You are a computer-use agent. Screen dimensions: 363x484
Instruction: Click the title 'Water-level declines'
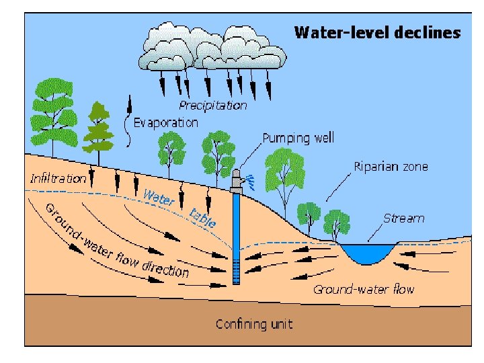point(377,32)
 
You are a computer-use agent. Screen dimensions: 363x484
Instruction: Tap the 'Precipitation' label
point(212,105)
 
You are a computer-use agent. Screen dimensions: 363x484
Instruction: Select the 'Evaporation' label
point(165,122)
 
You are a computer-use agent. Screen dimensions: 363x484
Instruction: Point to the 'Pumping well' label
point(298,138)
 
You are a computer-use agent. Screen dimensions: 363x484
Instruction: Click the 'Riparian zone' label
point(391,166)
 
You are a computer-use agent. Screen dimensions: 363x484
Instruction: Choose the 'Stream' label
point(403,218)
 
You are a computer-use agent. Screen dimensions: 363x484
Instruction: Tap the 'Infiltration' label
point(58,178)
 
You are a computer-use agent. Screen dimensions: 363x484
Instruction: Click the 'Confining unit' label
point(254,324)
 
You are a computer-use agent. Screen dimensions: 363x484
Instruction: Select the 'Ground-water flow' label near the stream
point(364,290)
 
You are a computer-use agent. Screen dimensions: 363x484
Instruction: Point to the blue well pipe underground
point(235,235)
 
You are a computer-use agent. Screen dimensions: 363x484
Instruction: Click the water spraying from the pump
point(250,180)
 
